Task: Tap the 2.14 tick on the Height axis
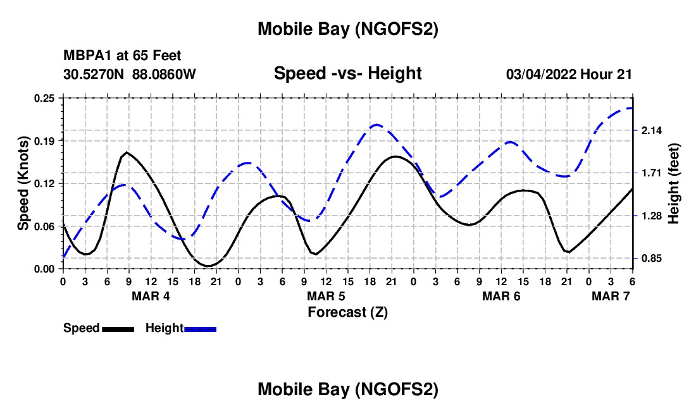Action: pos(652,130)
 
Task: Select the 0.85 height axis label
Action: pos(652,259)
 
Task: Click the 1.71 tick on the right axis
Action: pos(652,173)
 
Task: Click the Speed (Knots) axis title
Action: pos(23,183)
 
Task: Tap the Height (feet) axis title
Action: pos(674,183)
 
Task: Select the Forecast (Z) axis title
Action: pos(347,312)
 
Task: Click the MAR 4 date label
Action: pos(151,296)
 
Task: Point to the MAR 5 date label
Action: pos(326,296)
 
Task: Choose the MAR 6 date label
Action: pos(501,296)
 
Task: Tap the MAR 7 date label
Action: pos(611,296)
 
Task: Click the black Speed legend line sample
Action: pos(118,329)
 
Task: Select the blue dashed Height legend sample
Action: pos(201,329)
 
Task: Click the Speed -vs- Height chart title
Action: pos(347,74)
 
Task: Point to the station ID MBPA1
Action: pos(84,56)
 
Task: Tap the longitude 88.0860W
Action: pos(165,75)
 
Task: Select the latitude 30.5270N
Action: pos(94,75)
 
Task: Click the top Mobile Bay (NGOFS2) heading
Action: pos(347,29)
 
